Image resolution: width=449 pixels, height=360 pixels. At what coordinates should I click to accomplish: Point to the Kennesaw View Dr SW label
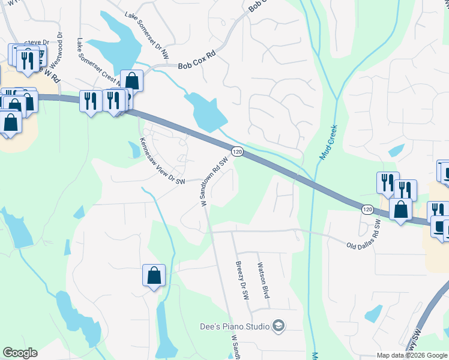pos(161,161)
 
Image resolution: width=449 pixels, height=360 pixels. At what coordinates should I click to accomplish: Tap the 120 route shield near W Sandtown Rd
pos(238,153)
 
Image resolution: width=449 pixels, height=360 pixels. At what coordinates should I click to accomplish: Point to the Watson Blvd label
pos(262,280)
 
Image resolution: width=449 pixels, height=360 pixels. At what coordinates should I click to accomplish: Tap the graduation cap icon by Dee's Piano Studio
pos(279,326)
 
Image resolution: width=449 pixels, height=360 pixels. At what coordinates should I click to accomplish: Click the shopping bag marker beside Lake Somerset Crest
pos(131,80)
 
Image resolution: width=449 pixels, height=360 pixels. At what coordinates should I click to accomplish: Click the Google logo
pos(20,353)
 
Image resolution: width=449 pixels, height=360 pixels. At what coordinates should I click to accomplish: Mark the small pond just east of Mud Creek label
pos(396,150)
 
